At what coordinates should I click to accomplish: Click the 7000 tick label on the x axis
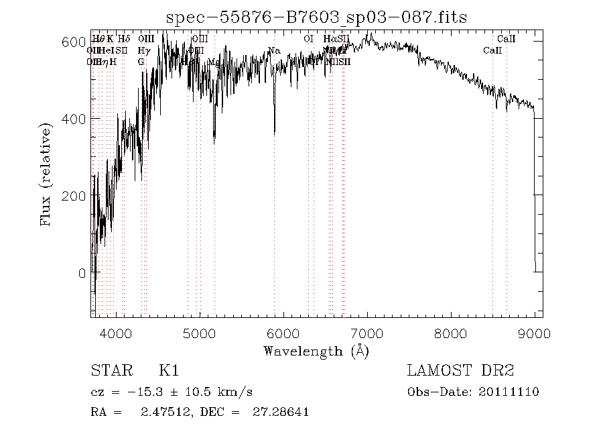coord(367,333)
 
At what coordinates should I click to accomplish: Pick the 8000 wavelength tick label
coord(451,333)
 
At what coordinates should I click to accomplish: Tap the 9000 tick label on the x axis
coord(534,333)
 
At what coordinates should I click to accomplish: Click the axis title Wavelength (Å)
coord(316,351)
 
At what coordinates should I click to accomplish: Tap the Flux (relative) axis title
coord(46,174)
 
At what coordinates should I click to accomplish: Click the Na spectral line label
coord(274,51)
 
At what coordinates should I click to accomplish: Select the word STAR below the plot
coord(109,370)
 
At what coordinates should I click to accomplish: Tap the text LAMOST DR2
coord(460,370)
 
